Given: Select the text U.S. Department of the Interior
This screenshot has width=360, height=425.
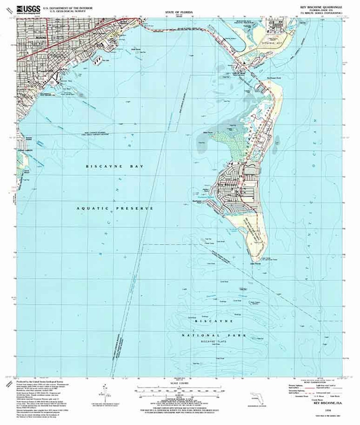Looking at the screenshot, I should point(65,7).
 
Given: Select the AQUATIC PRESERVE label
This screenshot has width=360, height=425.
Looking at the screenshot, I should point(115,208).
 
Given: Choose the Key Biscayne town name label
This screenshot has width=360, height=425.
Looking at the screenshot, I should point(226,184).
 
